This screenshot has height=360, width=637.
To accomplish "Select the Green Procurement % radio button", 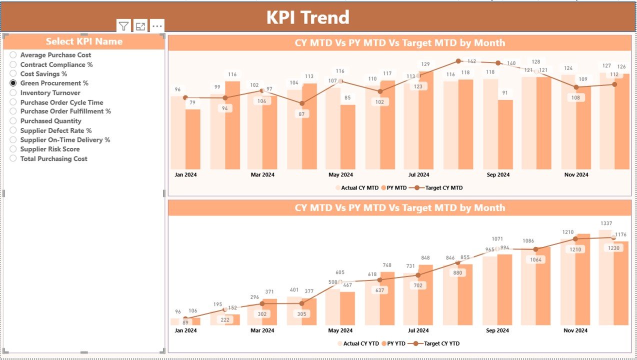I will [x=13, y=83].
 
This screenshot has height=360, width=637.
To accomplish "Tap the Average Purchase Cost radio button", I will [x=13, y=55].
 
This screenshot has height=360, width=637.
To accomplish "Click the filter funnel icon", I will [x=123, y=26].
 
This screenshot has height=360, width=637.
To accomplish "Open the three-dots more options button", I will [x=157, y=26].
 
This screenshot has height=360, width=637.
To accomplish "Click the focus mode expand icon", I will [x=140, y=26].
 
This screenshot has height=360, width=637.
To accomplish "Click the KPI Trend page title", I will [x=307, y=17].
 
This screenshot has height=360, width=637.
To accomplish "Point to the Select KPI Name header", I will [x=84, y=41].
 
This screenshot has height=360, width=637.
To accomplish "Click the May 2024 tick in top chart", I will [x=340, y=175].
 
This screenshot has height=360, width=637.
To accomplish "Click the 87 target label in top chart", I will [x=301, y=114].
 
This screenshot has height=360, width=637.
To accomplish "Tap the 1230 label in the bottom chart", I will [x=614, y=248].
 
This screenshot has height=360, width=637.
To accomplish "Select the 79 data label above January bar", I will [x=192, y=103].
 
